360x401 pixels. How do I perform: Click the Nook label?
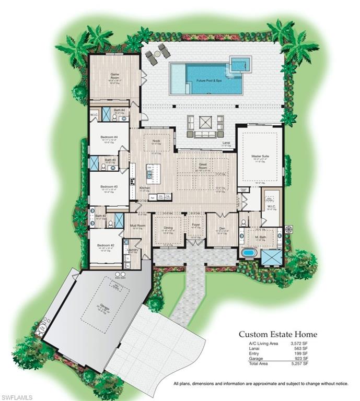click(156, 141)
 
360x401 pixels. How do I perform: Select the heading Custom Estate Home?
click(278, 334)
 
